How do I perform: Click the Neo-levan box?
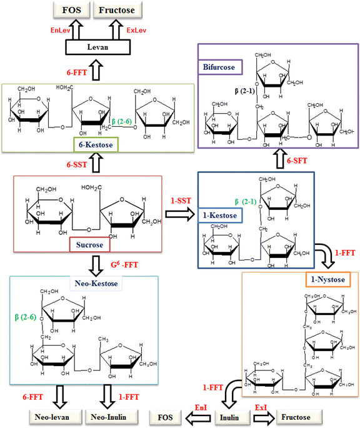tap(51, 415)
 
